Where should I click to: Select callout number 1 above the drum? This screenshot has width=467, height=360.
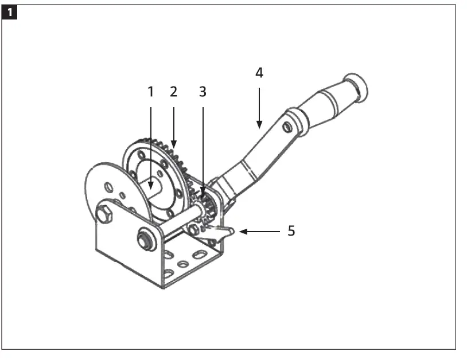tap(151, 92)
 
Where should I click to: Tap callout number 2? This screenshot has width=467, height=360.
tap(174, 92)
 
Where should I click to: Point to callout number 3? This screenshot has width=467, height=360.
tap(203, 92)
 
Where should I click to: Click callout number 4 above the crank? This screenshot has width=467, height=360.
tap(259, 73)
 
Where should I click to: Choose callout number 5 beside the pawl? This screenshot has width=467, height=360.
tap(291, 232)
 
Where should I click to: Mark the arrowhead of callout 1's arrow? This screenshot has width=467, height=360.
tap(151, 186)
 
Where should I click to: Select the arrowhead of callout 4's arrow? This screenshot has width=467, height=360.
tap(259, 126)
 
